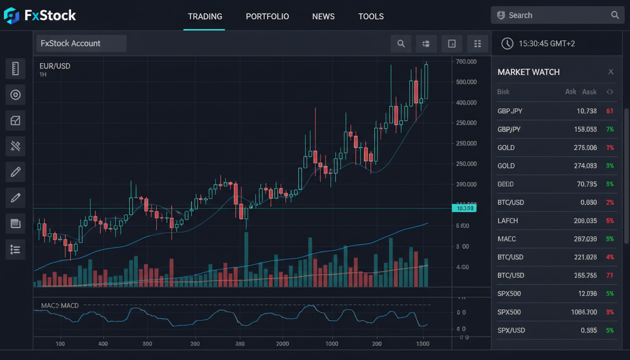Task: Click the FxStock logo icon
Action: click(11, 15)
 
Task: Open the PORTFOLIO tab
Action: click(267, 16)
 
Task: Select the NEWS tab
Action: click(323, 16)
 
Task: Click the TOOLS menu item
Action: click(371, 16)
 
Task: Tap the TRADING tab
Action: click(205, 16)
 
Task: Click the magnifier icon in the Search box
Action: click(615, 15)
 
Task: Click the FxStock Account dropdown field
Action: click(81, 44)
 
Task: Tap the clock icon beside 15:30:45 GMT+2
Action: click(507, 44)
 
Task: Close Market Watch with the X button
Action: click(611, 72)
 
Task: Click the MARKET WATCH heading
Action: click(528, 72)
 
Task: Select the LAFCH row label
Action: click(508, 221)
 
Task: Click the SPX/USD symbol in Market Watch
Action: click(511, 330)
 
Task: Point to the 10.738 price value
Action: click(586, 111)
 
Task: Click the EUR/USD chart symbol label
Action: click(55, 66)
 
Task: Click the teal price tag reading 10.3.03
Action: click(464, 208)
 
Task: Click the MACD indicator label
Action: click(60, 306)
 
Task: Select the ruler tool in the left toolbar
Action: click(15, 68)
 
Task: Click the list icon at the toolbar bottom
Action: click(15, 250)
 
